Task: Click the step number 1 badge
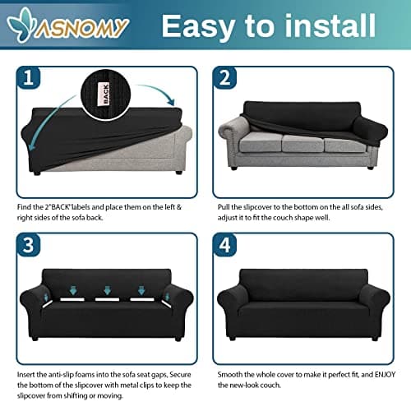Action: tap(28, 77)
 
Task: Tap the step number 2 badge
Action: tap(224, 77)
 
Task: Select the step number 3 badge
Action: tap(28, 245)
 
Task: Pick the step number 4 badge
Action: tap(224, 245)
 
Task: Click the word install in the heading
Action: tap(330, 25)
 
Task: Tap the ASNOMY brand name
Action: tap(82, 27)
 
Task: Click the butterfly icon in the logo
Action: tap(21, 25)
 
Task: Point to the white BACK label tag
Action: tap(106, 95)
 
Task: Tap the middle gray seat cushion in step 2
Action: tap(302, 143)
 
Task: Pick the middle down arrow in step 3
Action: tap(108, 290)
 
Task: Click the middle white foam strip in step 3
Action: tap(107, 299)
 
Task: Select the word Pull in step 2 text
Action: tap(224, 207)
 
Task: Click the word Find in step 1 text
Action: tap(24, 207)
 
